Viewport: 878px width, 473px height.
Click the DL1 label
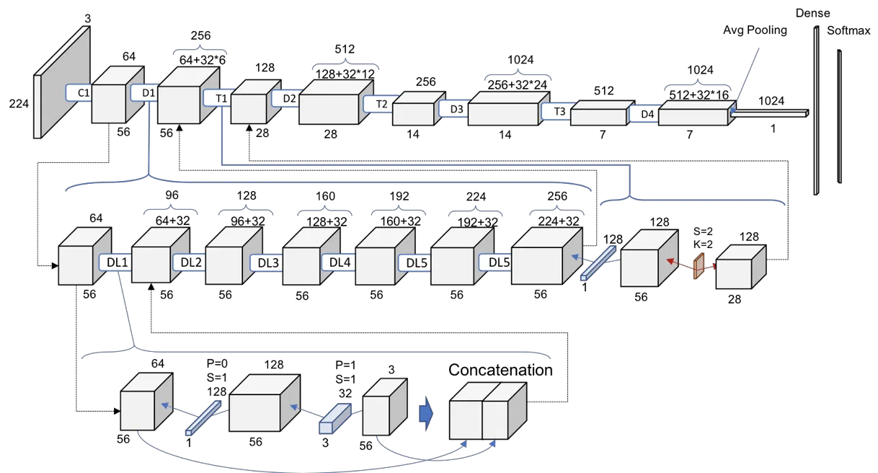point(114,262)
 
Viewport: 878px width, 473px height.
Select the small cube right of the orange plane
point(739,268)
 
